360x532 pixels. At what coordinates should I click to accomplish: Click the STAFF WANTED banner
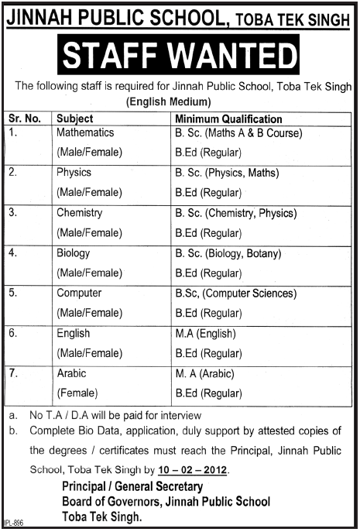180,57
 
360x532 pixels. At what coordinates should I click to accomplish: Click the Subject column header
75,119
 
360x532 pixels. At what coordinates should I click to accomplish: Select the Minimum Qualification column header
228,119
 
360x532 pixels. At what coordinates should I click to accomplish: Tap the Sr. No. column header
26,119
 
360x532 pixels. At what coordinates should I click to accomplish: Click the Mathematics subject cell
85,133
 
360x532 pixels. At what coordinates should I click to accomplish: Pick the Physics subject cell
74,173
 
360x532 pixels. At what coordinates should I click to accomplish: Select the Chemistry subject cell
80,213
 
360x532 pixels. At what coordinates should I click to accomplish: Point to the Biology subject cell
74,252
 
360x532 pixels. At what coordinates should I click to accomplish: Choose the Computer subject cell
79,293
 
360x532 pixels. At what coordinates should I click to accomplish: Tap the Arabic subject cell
72,373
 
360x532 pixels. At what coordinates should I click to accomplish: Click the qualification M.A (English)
204,333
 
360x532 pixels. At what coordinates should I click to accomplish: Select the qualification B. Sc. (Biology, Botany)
228,253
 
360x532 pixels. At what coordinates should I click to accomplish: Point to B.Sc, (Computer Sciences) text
235,293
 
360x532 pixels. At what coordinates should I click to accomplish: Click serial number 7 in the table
13,373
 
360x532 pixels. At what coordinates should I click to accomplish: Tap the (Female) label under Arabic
76,393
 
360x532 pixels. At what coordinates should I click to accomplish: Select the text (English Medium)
168,101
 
